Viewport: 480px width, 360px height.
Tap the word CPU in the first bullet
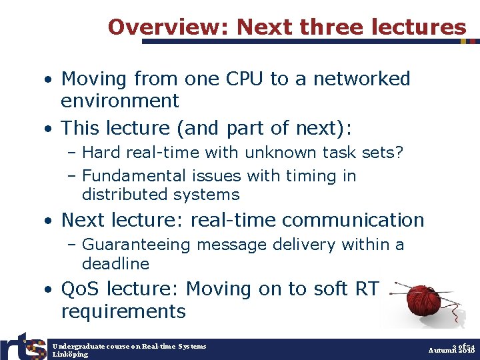pos(244,79)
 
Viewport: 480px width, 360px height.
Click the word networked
pos(360,79)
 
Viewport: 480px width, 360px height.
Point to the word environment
pos(120,101)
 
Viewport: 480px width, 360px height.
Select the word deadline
pos(115,263)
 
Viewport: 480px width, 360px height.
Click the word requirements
pos(123,311)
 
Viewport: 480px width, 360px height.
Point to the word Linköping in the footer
pos(70,354)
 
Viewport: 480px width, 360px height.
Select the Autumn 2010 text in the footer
pos(451,350)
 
